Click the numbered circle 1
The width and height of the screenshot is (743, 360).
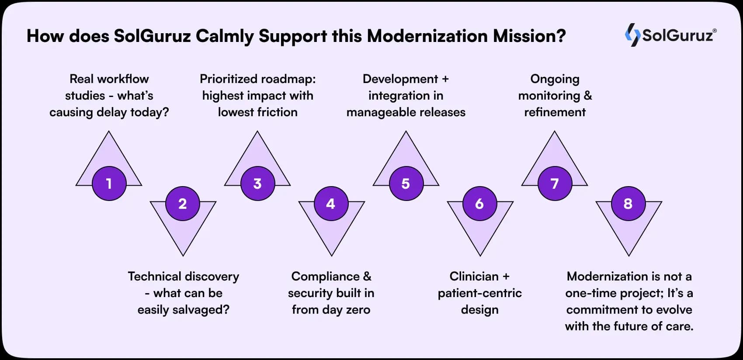tap(109, 183)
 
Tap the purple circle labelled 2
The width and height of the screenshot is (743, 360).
tap(183, 204)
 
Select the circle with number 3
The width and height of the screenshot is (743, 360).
tap(257, 183)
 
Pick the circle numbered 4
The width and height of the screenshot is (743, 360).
tap(331, 204)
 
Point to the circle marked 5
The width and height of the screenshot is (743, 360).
tap(406, 183)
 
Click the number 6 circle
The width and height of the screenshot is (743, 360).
tap(479, 204)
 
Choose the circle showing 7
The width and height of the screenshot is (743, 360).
tap(555, 183)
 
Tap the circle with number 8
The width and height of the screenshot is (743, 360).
tap(628, 204)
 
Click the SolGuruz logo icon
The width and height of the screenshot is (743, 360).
tap(632, 35)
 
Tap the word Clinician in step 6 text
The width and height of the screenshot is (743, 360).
tap(474, 277)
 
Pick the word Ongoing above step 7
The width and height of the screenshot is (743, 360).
tap(555, 79)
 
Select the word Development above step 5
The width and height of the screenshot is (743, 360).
tap(400, 79)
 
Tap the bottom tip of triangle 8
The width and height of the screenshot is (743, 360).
tap(628, 255)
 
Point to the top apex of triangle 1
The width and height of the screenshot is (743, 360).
tap(109, 132)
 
